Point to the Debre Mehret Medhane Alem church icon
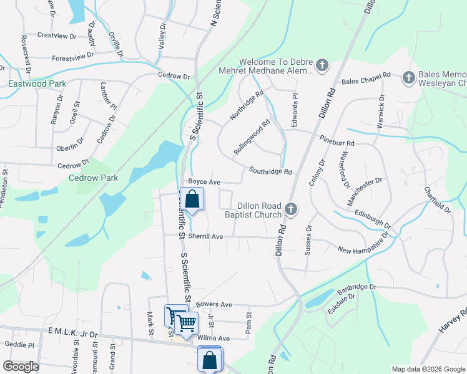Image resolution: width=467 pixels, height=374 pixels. coord(322,66)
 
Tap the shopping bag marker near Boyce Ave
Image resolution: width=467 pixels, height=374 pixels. coord(192,200)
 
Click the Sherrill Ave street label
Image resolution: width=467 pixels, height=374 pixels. coord(205,237)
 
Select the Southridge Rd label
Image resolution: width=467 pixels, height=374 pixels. coord(270,171)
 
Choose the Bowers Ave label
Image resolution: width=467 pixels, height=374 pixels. coord(214,304)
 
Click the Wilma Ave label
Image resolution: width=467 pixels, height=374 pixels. coord(214,338)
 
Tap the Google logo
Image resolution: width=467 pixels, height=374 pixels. coord(22,367)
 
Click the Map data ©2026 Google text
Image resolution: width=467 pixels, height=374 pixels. coord(428,369)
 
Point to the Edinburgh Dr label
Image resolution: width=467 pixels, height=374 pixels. coord(372,219)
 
